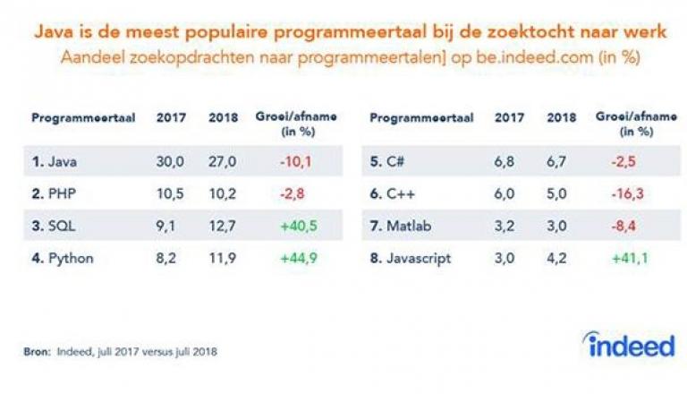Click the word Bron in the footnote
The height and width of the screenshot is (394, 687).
[37, 351]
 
